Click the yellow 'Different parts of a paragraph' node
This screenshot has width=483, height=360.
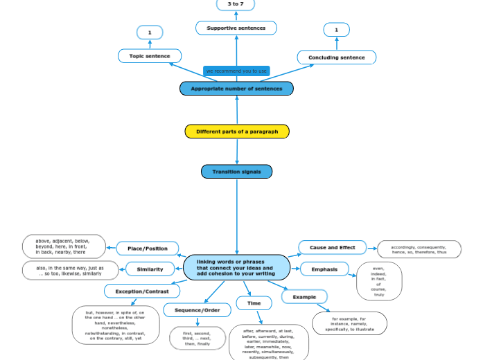point(236,132)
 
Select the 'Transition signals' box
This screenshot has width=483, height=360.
point(236,172)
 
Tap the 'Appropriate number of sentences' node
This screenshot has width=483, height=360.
point(236,89)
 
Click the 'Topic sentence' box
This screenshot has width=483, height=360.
point(149,56)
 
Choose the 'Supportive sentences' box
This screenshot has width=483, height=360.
point(236,28)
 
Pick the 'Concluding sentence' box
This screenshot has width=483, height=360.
point(336,57)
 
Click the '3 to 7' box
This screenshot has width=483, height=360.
point(236,4)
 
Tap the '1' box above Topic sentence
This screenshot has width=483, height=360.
point(150,33)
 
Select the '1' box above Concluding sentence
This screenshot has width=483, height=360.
point(336,30)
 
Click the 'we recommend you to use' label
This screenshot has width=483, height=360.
point(236,71)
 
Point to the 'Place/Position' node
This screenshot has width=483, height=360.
point(147,249)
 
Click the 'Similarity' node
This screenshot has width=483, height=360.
point(150,269)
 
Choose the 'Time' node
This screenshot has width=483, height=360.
point(254,303)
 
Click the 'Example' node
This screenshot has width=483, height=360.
point(304,296)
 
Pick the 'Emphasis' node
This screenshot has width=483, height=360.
point(324,269)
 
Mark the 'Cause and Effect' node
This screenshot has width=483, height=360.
point(332,247)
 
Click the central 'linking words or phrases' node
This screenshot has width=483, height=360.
point(236,267)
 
